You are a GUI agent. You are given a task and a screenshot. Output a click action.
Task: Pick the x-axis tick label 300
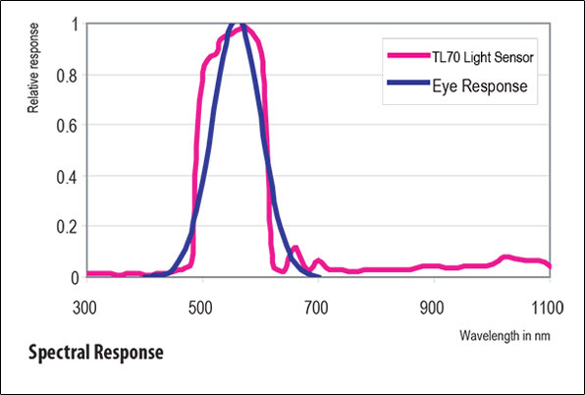[x=86, y=307]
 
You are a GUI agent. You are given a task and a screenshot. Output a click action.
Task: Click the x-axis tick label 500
[x=202, y=307]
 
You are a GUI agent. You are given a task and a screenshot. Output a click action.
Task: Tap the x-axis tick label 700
[x=318, y=307]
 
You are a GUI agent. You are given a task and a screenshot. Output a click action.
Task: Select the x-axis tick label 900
[x=433, y=307]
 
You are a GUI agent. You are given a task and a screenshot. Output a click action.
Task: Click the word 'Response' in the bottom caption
[x=130, y=352]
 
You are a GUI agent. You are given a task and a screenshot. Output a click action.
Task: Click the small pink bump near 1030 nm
[x=506, y=256]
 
